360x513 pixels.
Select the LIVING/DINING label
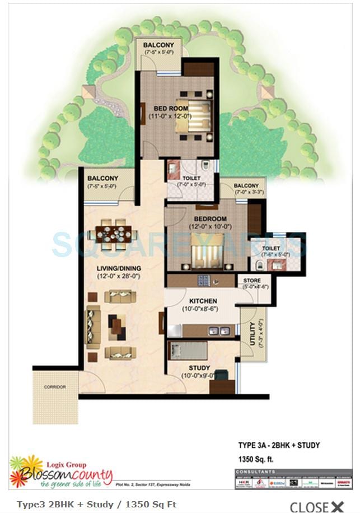tap(118, 268)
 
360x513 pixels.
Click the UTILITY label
tap(253, 335)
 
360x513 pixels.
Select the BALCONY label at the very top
tap(158, 45)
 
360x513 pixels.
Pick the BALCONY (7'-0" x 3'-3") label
tap(246, 186)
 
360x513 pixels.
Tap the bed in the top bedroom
tap(194, 116)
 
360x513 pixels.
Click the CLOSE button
tap(316, 506)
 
